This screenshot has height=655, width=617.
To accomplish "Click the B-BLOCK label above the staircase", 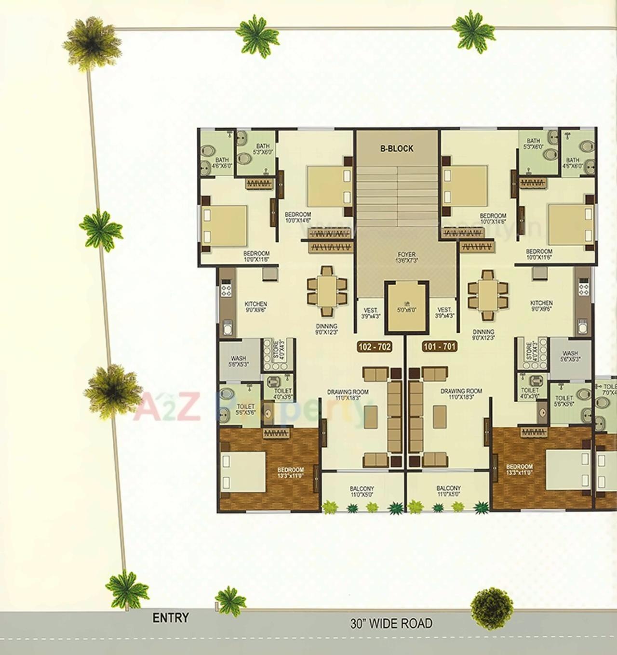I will point(397,149).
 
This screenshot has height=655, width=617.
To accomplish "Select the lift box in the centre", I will point(406,308).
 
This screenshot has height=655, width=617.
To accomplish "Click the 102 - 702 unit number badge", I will point(374,346).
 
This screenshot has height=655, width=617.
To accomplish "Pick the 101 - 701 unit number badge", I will point(439,346).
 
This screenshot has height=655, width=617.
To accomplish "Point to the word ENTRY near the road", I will point(171,618).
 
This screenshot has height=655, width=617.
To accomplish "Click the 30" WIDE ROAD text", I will point(391,624).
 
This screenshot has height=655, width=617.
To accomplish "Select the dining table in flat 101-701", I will point(488,295).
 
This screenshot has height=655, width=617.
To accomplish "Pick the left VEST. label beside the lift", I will point(370,313).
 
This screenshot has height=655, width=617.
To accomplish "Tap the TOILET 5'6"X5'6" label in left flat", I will point(245,409).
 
